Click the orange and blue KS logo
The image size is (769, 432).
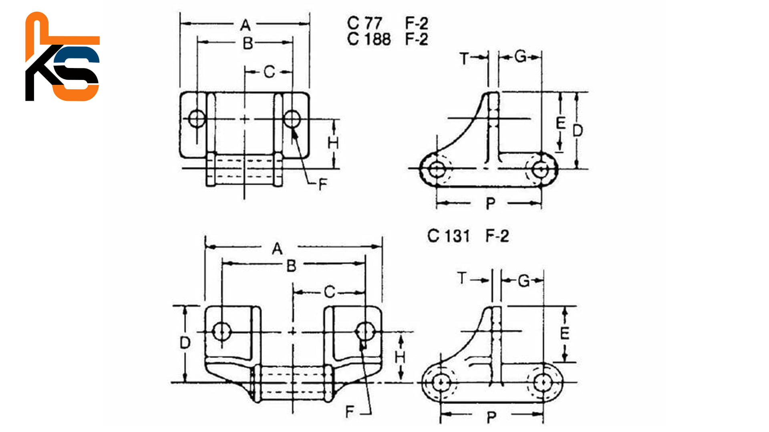coord(62,57)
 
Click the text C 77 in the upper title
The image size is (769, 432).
coord(364,23)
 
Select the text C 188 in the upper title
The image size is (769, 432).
coord(368,39)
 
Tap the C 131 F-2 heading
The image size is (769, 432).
coord(468,236)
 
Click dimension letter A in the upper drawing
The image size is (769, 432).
coord(245,26)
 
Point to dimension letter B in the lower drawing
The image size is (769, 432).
coord(291,266)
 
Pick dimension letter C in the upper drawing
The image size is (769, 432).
coord(269,72)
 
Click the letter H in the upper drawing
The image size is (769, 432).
coord(333,143)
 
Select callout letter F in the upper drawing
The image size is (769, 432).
coord(322,185)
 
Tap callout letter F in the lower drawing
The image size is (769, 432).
coord(350,412)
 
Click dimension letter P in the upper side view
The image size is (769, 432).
coord(490,204)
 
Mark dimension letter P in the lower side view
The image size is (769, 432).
coord(491,418)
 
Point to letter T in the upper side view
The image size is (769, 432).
coord(464,59)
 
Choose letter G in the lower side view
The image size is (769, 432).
coord(523,281)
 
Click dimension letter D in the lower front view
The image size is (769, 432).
coord(185,343)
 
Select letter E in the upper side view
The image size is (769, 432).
coord(561,123)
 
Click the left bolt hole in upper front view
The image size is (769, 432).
coord(197,119)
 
